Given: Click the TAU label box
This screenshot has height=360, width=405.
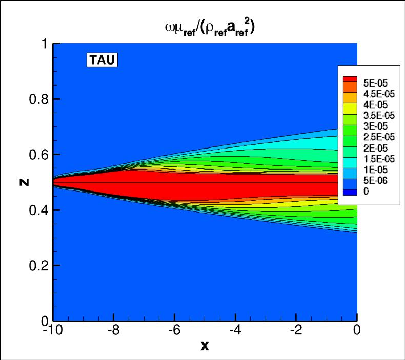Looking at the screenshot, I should point(103,60).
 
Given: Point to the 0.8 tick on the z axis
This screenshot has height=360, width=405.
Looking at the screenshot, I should point(36,99).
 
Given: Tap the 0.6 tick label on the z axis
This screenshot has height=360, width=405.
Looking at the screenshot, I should point(36,155).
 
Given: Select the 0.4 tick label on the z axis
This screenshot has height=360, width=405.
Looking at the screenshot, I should point(36,210).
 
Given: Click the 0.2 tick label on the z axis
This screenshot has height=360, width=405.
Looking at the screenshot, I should point(36,265).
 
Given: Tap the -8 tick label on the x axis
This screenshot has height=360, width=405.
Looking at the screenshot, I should point(113,330).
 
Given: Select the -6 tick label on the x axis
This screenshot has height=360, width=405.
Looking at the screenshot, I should point(174,330).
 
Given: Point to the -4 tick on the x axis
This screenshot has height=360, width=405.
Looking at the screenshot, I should point(235,330).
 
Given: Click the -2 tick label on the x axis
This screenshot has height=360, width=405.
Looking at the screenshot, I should point(295,330).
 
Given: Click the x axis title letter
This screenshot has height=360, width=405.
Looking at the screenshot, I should point(205,346).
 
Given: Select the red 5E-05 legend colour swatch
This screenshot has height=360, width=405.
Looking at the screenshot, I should point(350,79).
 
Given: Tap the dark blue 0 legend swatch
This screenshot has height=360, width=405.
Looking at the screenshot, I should point(350,192).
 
